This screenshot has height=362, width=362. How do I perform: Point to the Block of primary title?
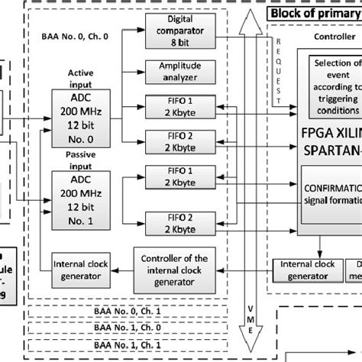[x=314, y=14]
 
